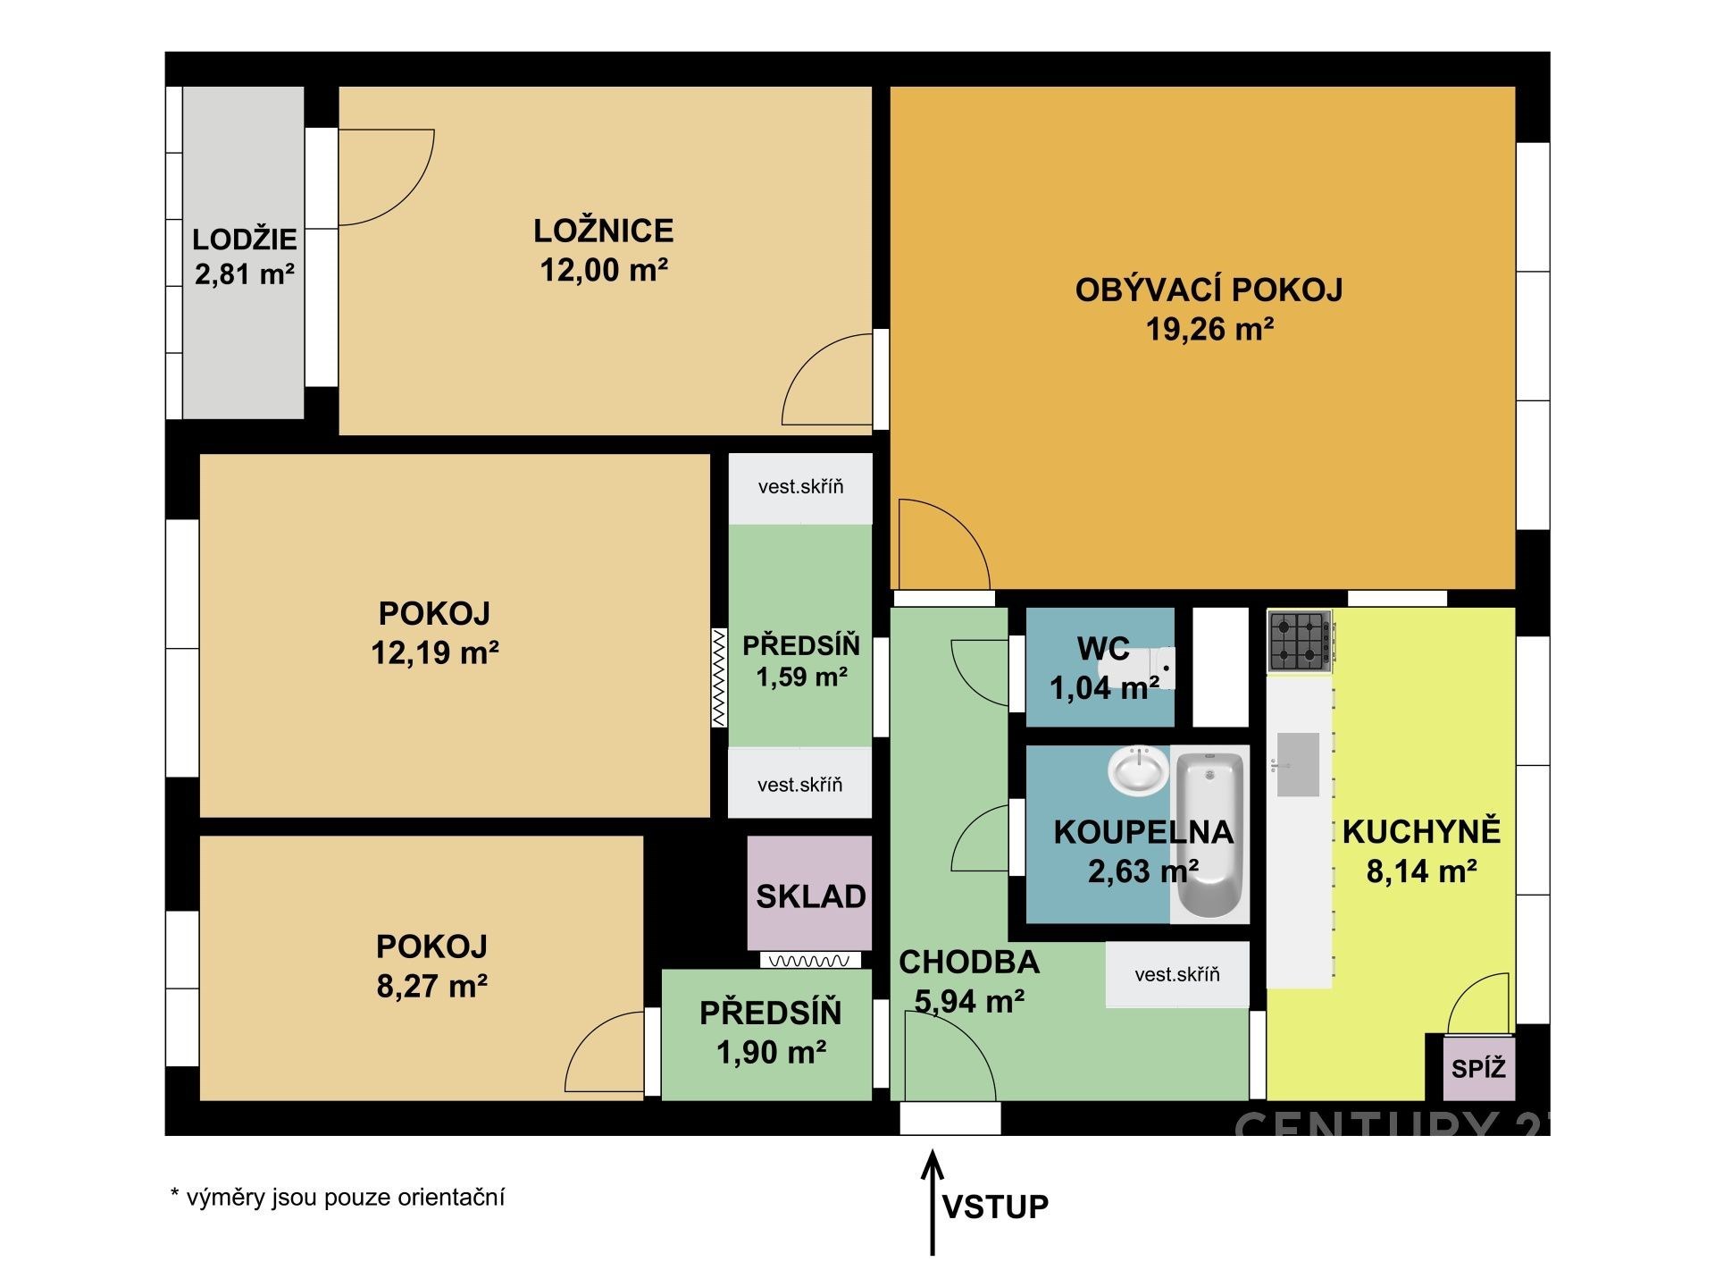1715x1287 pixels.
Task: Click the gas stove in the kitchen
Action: (x=1301, y=642)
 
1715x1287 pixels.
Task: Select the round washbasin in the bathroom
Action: (x=1138, y=770)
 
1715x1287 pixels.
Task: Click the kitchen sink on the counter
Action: (x=1298, y=764)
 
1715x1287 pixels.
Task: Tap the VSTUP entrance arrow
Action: (x=933, y=1202)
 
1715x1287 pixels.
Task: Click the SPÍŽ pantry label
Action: (x=1478, y=1068)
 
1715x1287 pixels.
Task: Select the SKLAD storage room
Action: (x=810, y=894)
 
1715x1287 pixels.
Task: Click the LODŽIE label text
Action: (x=245, y=239)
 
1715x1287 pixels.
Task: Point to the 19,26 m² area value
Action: (x=1209, y=329)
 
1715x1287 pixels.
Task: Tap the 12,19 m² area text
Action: (x=435, y=652)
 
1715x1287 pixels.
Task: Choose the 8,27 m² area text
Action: (x=432, y=986)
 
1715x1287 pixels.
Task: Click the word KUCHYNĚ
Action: (x=1422, y=831)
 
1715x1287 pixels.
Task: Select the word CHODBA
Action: (x=969, y=962)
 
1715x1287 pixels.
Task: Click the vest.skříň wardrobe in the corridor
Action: (x=1177, y=974)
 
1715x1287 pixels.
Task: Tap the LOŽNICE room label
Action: (x=604, y=231)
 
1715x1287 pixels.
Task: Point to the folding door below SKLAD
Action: (x=810, y=961)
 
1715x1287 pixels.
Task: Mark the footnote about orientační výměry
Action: (x=338, y=1198)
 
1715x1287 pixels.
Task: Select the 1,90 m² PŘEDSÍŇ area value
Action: (x=772, y=1052)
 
